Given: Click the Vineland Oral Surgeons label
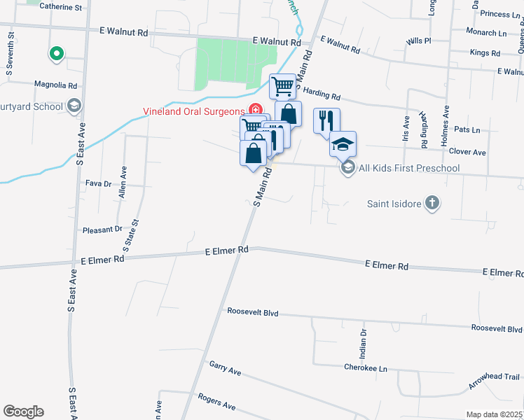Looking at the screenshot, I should tap(193, 111).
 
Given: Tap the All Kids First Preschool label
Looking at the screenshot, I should tap(408, 168).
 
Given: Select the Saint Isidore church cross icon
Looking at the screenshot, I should tap(433, 204).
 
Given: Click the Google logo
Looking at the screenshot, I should tap(23, 411).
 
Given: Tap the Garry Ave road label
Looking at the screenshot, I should tap(225, 368).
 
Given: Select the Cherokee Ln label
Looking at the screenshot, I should tap(365, 367).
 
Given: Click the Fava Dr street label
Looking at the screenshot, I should tap(98, 183).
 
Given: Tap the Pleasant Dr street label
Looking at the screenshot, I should tap(102, 229).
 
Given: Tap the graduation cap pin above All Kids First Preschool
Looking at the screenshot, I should tap(343, 144).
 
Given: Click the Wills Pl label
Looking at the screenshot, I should tap(418, 41).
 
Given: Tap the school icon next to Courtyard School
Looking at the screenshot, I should tap(74, 106).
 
